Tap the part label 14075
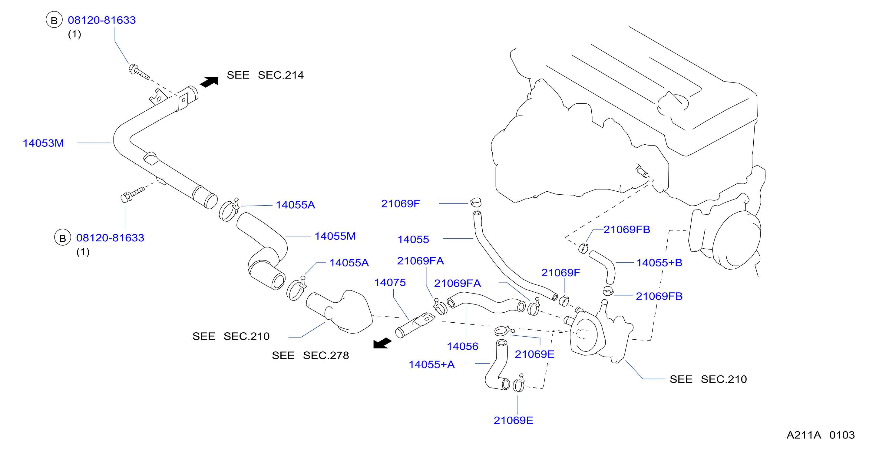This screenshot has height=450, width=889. (390, 282)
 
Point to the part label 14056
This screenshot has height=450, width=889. (462, 346)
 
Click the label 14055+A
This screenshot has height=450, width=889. (432, 364)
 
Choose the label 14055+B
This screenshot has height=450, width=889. (659, 263)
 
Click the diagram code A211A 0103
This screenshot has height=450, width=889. (821, 435)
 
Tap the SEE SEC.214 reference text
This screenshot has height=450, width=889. (265, 75)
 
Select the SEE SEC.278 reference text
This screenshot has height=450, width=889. (310, 355)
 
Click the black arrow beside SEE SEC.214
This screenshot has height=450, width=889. (209, 82)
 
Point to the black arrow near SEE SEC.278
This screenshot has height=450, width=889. (382, 343)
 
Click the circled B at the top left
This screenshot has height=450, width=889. (54, 20)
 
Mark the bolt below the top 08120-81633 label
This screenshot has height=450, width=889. (138, 72)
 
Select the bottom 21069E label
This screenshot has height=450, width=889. (513, 420)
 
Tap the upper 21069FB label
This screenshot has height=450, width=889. (626, 230)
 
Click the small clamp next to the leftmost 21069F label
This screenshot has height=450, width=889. (476, 202)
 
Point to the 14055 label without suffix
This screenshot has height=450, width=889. (413, 239)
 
